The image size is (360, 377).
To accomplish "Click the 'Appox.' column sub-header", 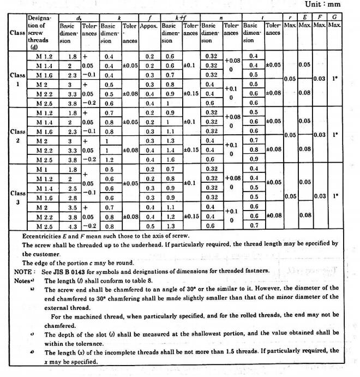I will point(149,26).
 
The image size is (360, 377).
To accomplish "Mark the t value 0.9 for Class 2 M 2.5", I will point(253,160).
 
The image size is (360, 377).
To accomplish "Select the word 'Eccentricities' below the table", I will point(43,237).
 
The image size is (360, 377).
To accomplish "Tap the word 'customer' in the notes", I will point(45,254).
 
